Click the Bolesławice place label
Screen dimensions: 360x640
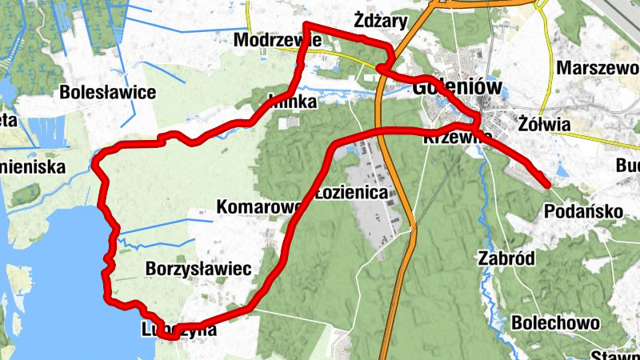(107, 92)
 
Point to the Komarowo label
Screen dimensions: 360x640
(258, 208)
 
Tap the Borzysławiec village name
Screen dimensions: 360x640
(199, 269)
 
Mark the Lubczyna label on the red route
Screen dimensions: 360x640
(178, 329)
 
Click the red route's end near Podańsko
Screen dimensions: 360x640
(547, 185)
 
